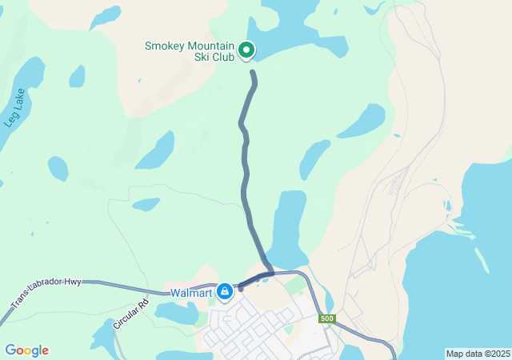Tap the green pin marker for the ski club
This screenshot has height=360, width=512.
pos(247,50)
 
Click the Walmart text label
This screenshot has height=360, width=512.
pos(190,292)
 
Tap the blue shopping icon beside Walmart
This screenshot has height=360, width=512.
pos(226,291)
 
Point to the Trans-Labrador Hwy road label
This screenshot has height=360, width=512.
pos(46,294)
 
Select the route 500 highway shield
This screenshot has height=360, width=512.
pos(326,319)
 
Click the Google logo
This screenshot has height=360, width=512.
pos(26,350)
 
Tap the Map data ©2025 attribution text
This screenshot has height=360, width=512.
pos(478,354)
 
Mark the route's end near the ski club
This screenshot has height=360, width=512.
pos(253,73)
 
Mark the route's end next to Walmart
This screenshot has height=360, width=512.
pos(240,288)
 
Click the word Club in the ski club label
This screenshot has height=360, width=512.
pos(226,58)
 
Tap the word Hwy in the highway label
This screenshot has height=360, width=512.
pos(72,282)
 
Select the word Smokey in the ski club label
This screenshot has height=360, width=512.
pos(163,46)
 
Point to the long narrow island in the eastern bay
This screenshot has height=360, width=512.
pos(481,260)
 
